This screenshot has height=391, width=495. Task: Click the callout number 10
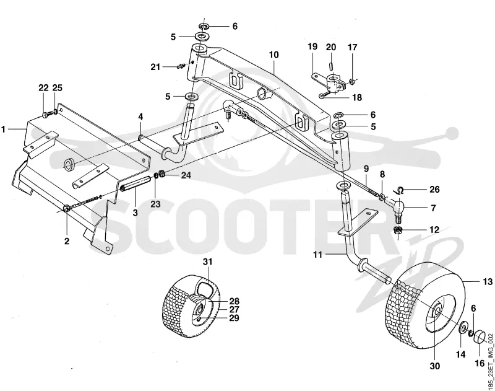click(x=273, y=55)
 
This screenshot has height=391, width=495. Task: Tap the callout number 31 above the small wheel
click(x=208, y=261)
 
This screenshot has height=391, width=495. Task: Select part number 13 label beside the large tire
click(x=488, y=281)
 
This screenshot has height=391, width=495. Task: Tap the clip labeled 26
click(x=400, y=190)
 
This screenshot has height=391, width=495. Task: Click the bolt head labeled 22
click(x=45, y=115)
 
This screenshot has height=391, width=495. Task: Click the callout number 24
click(x=186, y=175)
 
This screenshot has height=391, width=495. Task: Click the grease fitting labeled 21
click(x=181, y=66)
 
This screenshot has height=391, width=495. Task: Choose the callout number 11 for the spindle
click(x=317, y=254)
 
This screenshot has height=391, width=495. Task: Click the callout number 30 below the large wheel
click(x=435, y=366)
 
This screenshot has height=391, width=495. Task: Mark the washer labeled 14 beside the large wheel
click(x=462, y=327)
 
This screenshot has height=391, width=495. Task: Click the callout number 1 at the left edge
click(x=3, y=129)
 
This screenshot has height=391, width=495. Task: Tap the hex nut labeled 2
click(x=67, y=209)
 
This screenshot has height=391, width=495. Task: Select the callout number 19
click(x=312, y=46)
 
